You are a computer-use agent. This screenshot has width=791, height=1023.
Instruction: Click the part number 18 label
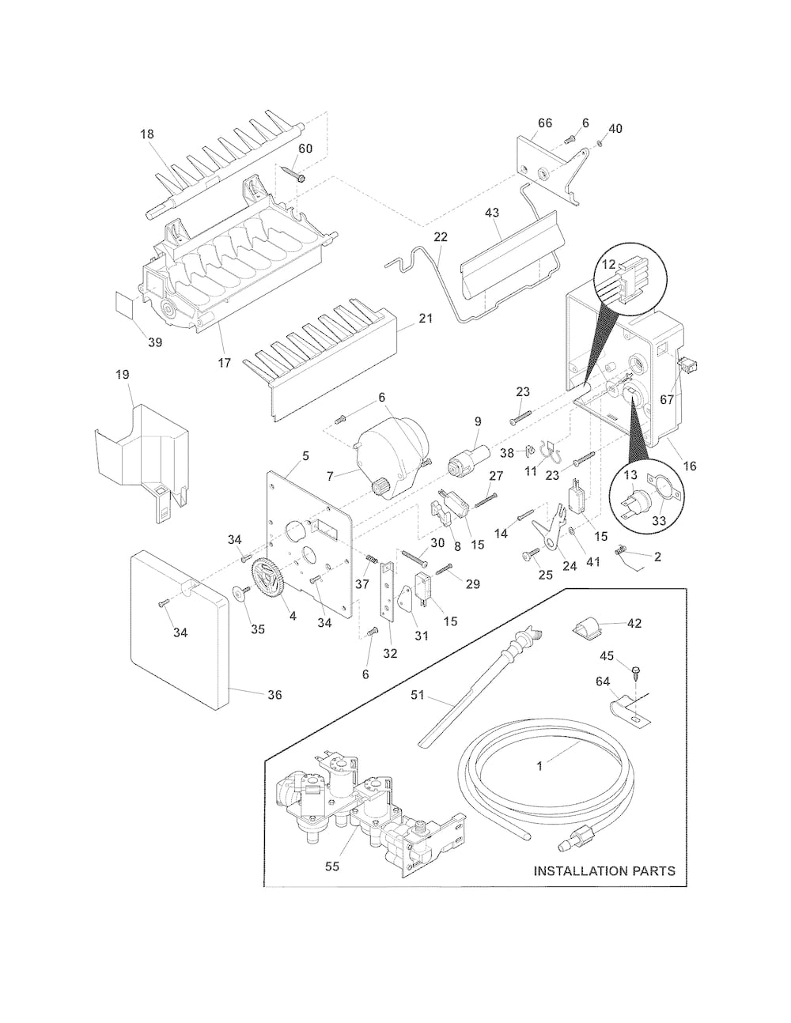tap(147, 134)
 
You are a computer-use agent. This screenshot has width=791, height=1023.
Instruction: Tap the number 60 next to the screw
tap(305, 149)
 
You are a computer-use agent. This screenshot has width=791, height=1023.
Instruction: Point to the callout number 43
tap(491, 213)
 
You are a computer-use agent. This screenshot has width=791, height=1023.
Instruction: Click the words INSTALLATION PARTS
tap(604, 871)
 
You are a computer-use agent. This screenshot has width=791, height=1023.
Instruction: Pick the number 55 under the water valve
tap(332, 866)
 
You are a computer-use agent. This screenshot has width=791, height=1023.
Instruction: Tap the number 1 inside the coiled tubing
tap(540, 766)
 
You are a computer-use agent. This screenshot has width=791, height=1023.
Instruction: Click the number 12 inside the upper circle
tap(608, 264)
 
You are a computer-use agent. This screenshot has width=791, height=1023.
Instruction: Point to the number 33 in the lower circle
tap(658, 521)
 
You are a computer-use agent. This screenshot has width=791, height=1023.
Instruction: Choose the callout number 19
tap(123, 375)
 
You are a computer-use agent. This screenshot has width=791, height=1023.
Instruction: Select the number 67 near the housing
tap(666, 400)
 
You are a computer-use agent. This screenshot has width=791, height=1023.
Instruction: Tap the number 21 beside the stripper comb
tap(426, 319)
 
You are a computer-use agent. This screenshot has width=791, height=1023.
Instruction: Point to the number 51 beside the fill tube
tap(417, 695)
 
